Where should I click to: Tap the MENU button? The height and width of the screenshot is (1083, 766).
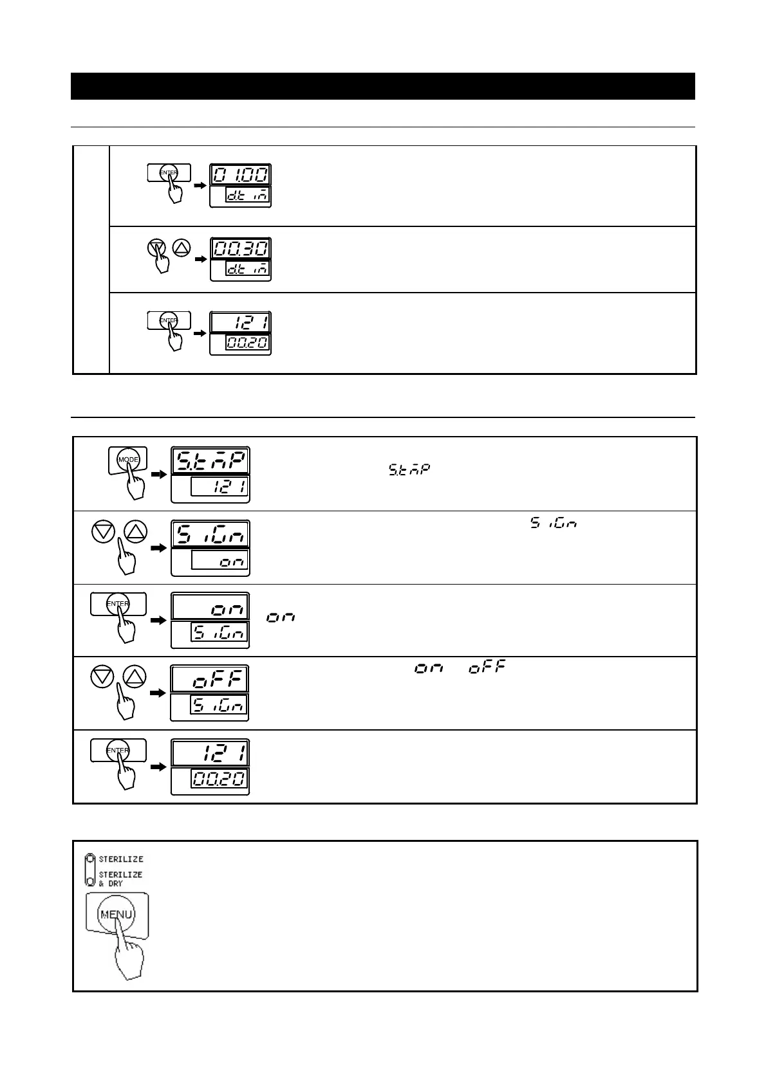(117, 915)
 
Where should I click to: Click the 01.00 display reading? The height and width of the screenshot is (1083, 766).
(241, 175)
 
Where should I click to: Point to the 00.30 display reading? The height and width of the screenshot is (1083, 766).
(241, 248)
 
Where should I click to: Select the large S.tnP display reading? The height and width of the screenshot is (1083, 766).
(210, 461)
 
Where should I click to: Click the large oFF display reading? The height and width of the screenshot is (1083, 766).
(210, 679)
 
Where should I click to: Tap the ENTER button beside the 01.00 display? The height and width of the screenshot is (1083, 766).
(169, 173)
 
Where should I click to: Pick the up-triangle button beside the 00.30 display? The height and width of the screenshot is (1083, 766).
(182, 246)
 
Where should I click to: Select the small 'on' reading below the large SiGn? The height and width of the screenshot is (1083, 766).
(220, 562)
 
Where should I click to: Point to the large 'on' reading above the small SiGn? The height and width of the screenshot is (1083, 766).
(210, 606)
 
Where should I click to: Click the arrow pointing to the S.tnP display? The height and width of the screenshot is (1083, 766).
(157, 474)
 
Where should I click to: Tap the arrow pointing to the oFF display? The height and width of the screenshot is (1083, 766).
(157, 693)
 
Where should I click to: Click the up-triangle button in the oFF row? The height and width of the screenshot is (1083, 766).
(135, 677)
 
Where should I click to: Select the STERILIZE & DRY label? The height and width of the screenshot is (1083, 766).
(120, 878)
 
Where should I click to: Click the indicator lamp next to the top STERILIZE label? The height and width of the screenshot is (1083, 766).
(91, 859)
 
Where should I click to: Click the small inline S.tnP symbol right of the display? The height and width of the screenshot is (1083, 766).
(409, 469)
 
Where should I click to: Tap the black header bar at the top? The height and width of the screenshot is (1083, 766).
(382, 86)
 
